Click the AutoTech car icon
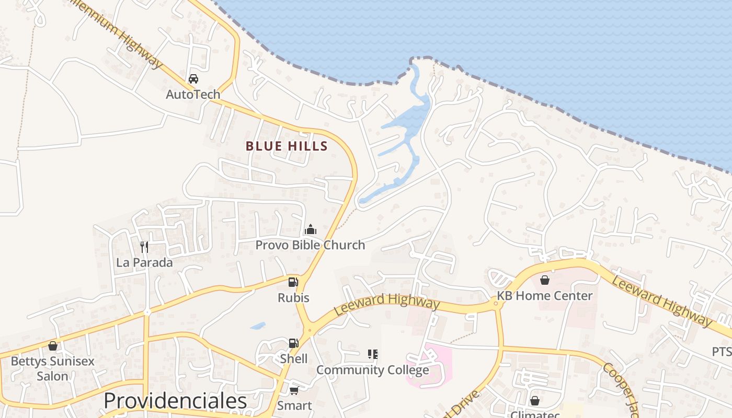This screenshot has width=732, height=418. tap(193, 79)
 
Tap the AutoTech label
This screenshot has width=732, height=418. tap(193, 95)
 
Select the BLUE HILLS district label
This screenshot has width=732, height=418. tap(287, 146)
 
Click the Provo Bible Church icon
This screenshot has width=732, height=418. tap(311, 229)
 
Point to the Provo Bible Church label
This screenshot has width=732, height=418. tap(310, 245)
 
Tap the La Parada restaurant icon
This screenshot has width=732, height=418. tap(144, 247)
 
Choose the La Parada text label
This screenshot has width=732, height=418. tap(144, 262)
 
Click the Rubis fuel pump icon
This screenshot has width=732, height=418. tap(293, 282)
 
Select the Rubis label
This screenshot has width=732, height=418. tap(293, 298)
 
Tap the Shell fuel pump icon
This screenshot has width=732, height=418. tap(293, 343)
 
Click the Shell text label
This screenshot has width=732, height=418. tap(293, 358)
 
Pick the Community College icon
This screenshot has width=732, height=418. tap(373, 354)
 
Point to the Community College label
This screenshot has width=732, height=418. tap(372, 370)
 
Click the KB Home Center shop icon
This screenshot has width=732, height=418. tap(545, 281)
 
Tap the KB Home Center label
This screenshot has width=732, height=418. tap(544, 296)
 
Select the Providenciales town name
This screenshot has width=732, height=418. tap(175, 401)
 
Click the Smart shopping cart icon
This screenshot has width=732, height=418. tap(294, 390)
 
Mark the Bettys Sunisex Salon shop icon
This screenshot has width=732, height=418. tap(52, 346)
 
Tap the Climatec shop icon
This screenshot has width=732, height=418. tap(534, 401)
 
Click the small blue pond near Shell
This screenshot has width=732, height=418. tap(258, 326)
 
